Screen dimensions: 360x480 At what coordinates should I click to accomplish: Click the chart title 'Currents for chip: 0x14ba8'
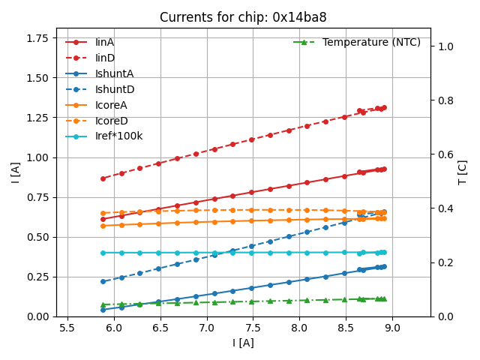pos(243,18)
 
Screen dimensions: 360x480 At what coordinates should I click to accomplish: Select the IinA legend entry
pos(104,42)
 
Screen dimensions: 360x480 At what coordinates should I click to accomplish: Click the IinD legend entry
pos(104,58)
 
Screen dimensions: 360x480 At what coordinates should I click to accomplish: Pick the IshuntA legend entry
pos(114,73)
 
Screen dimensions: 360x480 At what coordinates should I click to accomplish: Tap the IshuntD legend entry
pos(114,89)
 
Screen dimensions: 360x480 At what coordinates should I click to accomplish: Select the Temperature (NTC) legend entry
pos(371,42)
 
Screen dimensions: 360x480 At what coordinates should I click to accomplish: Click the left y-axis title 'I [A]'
pos(16,172)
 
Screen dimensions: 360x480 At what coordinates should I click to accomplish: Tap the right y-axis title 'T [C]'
pos(463,172)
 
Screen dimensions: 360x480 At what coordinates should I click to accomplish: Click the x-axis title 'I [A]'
pos(243,343)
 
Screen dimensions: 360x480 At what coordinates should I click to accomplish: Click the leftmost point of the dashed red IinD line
pos(103,178)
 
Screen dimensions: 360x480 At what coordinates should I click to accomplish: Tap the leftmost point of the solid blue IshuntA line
pos(103,310)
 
